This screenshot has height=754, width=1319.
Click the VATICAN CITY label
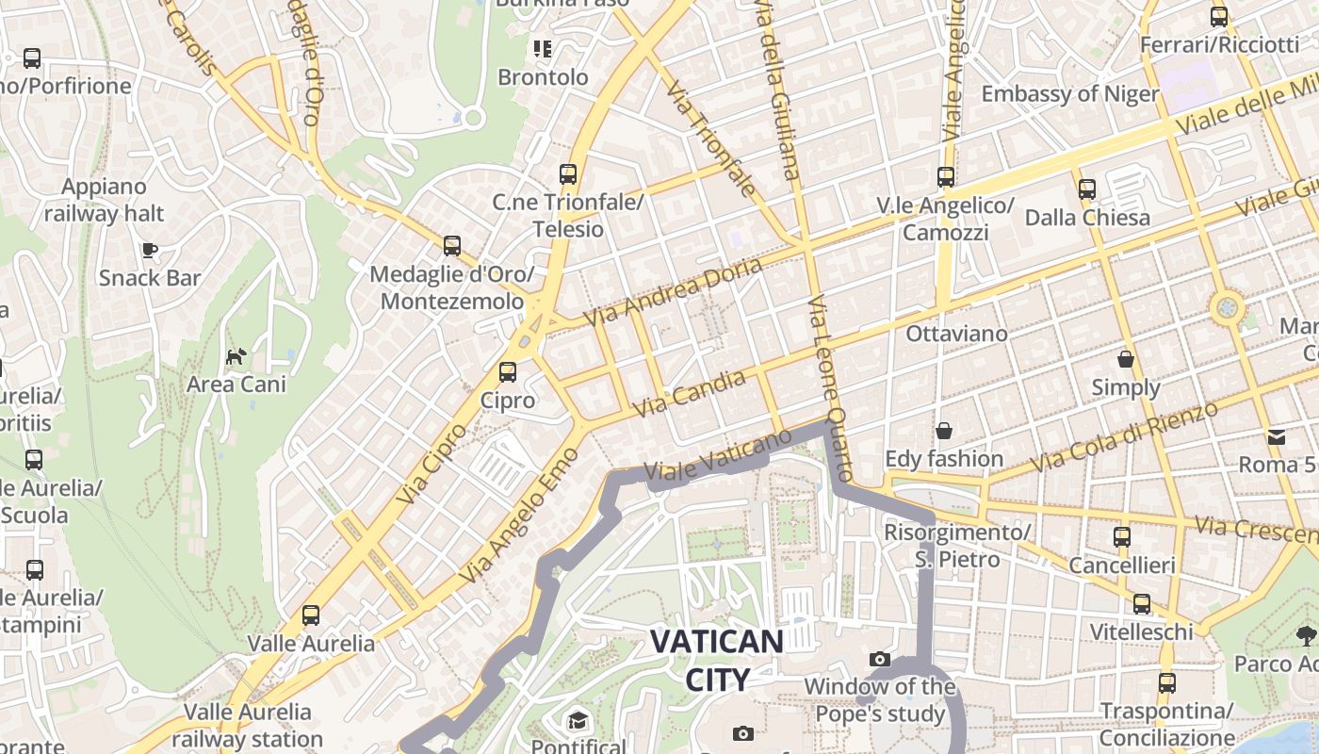coord(717,660)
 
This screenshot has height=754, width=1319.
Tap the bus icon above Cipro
coord(508,372)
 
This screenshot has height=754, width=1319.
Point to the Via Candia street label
coord(690,394)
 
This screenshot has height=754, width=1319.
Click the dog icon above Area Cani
coord(236,356)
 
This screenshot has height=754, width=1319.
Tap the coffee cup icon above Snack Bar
coord(150,250)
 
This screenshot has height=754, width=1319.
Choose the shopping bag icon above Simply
coord(1126,359)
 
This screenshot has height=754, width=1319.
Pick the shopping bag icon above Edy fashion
coord(944,431)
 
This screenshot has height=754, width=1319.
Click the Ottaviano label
coord(956,334)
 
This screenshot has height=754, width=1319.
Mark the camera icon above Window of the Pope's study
coord(880,659)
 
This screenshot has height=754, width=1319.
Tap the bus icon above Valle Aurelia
coord(311,615)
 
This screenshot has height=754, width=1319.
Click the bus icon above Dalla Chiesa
coord(1087,189)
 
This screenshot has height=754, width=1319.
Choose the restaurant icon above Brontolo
coord(542,48)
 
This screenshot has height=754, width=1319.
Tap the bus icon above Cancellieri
coord(1122,537)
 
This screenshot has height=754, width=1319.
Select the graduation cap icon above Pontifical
coord(577,721)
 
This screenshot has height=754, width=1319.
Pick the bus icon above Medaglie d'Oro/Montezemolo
coord(452,246)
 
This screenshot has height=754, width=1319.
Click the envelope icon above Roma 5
coord(1277,436)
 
